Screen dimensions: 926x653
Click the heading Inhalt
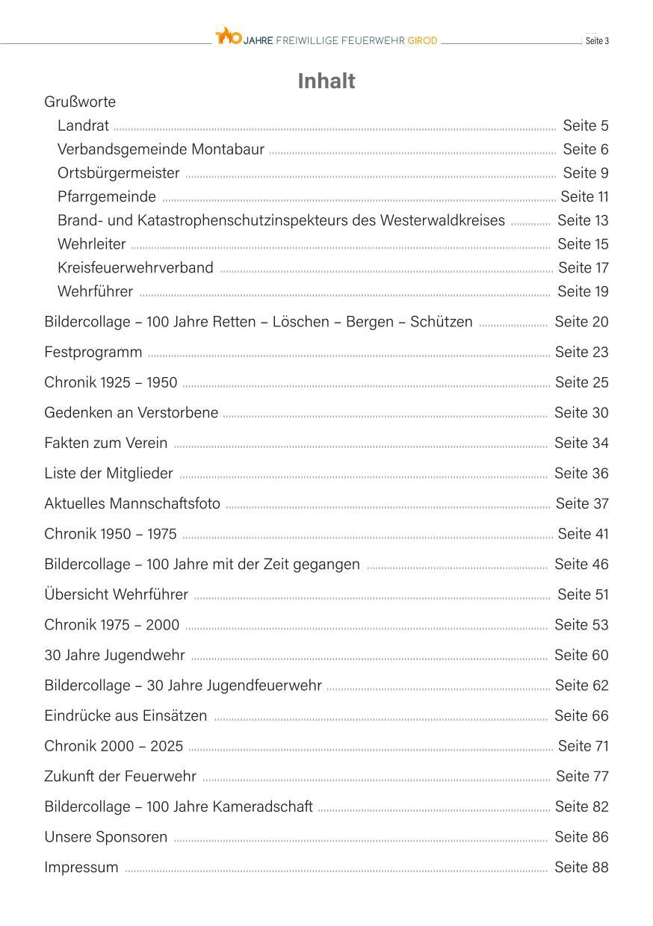(x=326, y=81)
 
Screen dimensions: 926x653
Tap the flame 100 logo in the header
(x=228, y=36)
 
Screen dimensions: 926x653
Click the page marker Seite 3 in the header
(x=596, y=40)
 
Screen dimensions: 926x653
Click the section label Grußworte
(x=80, y=102)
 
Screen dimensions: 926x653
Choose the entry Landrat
(x=83, y=125)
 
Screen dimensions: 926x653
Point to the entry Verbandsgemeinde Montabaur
(x=161, y=149)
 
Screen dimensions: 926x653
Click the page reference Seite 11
(x=584, y=196)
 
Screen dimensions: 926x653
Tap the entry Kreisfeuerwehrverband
(x=135, y=267)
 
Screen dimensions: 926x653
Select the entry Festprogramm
(x=93, y=352)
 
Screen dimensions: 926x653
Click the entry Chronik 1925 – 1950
(x=111, y=382)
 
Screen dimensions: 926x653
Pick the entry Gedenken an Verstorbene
(x=131, y=412)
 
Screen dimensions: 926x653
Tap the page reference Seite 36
(x=581, y=473)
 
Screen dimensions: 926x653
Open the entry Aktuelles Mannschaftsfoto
(x=132, y=503)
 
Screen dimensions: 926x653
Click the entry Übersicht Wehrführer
(x=117, y=594)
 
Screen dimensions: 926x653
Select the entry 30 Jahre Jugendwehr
(x=115, y=655)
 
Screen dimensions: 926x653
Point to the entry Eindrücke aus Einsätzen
(x=126, y=715)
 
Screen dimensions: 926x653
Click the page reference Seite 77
(x=582, y=776)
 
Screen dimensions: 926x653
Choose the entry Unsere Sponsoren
(x=106, y=836)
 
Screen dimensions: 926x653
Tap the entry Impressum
(x=81, y=867)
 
